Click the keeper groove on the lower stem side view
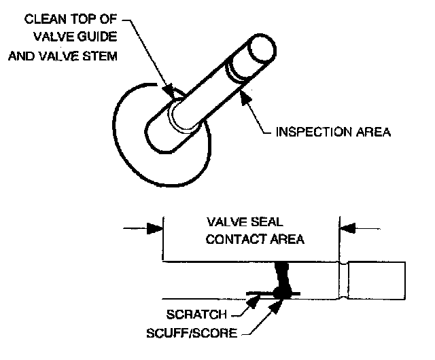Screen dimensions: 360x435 click(x=347, y=280)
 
